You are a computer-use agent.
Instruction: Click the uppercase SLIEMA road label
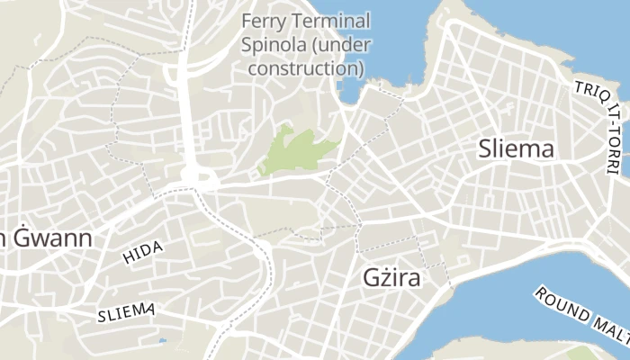click(126, 312)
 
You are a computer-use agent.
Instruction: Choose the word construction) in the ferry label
click(305, 67)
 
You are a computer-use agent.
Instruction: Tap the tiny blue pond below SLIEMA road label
click(162, 341)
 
